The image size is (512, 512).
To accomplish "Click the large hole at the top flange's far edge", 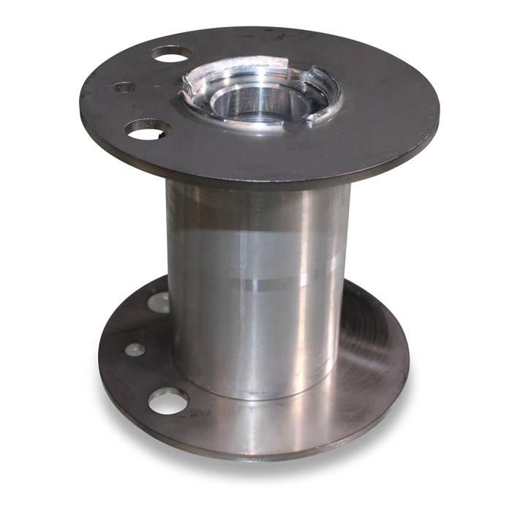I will [x=171, y=53].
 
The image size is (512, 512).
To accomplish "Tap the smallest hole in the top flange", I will [x=124, y=87].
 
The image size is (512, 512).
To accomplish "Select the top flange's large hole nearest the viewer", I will [x=148, y=130].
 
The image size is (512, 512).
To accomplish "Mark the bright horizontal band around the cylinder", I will [x=256, y=282].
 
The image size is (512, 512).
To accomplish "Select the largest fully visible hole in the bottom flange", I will [x=167, y=400].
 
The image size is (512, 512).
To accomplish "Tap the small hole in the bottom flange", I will [x=134, y=350].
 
